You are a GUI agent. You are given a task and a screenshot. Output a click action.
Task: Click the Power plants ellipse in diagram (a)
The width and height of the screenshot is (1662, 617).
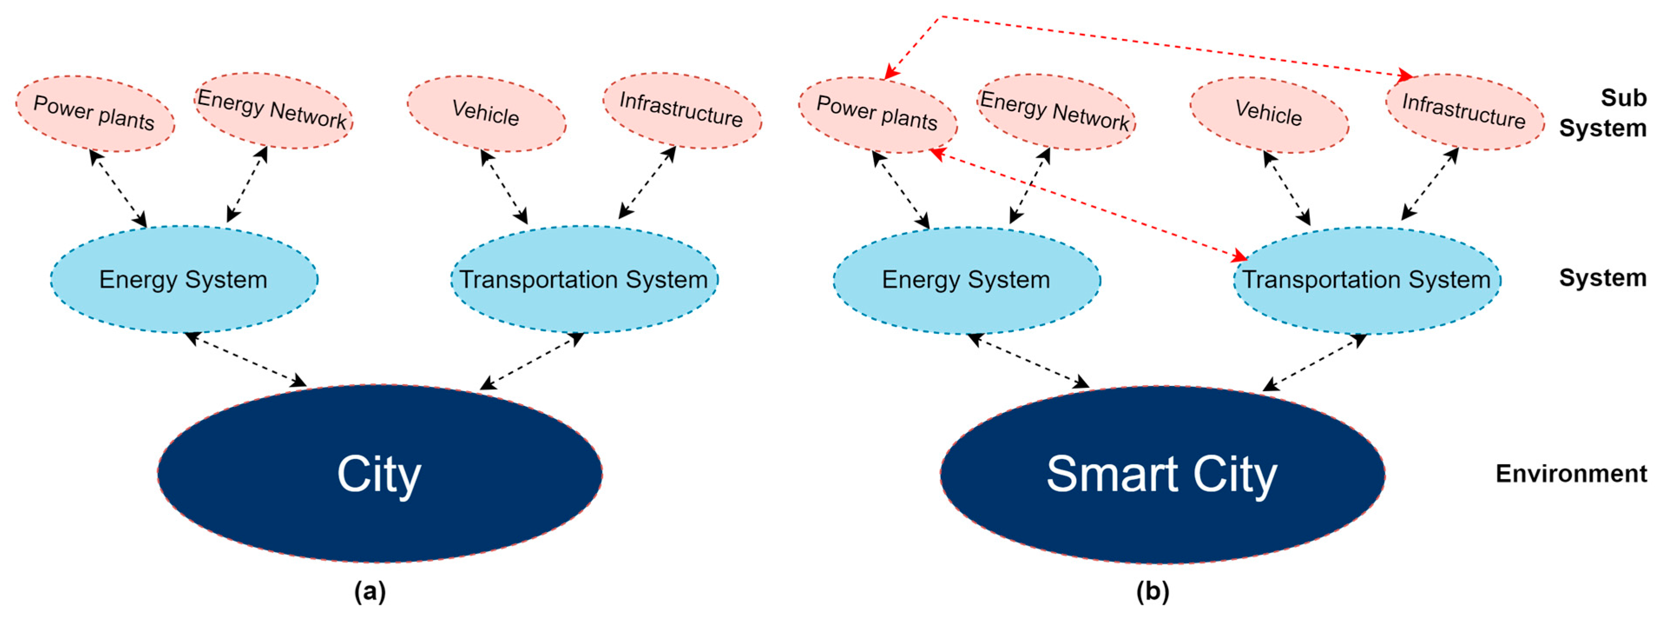[x=95, y=114]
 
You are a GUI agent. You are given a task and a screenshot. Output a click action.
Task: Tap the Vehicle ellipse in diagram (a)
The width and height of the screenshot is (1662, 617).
[x=486, y=114]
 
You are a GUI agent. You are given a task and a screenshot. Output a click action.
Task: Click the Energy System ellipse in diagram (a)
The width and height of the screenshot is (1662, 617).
[x=184, y=280]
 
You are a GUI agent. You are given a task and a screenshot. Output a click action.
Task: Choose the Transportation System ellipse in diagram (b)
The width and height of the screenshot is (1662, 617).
[x=1366, y=280]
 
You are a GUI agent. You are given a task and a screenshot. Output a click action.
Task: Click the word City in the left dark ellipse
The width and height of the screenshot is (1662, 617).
[x=379, y=475]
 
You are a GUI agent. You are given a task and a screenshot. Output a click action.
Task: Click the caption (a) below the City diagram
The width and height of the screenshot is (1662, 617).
[x=370, y=591]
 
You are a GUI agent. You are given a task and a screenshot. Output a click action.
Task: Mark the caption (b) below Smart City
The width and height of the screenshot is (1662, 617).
[x=1152, y=591]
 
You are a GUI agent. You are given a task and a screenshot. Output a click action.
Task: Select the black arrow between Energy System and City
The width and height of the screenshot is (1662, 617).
[x=245, y=360]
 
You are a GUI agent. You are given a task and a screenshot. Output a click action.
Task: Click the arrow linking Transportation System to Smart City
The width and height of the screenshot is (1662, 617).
[x=1314, y=362]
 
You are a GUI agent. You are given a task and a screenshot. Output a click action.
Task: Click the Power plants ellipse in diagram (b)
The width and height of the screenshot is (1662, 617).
[x=877, y=115]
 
